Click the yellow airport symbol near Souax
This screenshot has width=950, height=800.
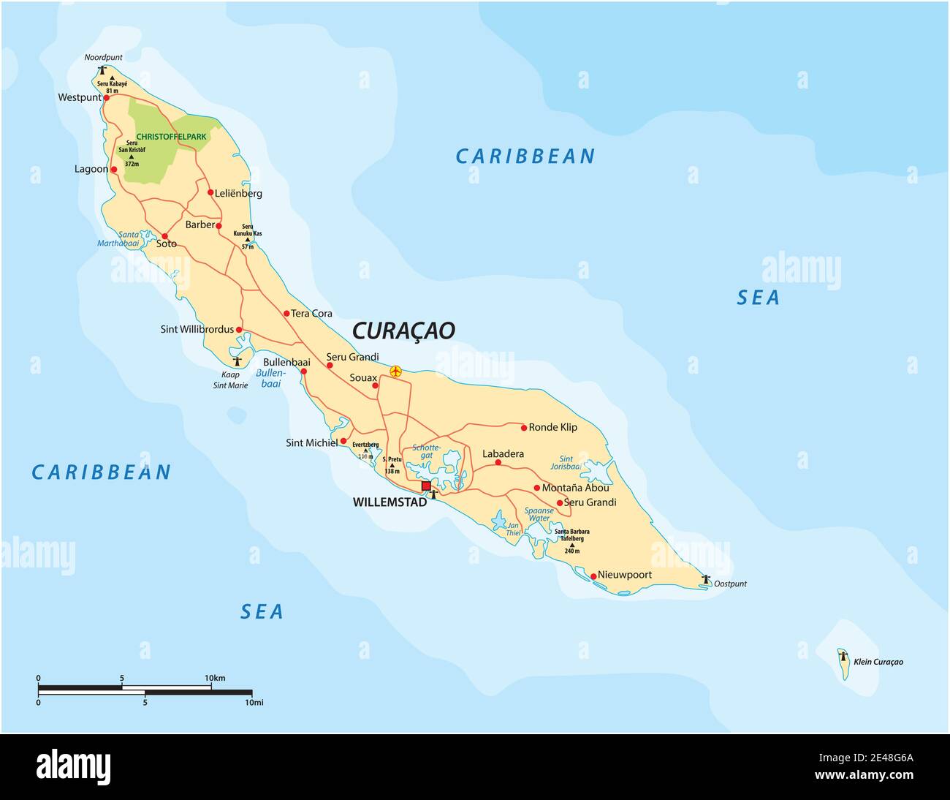(x=395, y=371)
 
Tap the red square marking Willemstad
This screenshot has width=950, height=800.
(x=426, y=486)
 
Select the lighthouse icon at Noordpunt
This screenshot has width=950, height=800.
(x=102, y=70)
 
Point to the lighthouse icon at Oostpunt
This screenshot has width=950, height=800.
(x=705, y=579)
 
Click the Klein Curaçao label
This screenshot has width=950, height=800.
(x=879, y=662)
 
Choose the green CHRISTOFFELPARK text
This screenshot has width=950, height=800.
(x=172, y=137)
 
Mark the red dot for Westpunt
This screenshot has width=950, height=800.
(x=106, y=97)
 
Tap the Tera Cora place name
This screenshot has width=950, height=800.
(x=311, y=314)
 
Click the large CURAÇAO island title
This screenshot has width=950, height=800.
(x=403, y=331)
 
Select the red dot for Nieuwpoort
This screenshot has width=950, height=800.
(x=593, y=576)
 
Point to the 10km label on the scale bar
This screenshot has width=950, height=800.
(x=215, y=678)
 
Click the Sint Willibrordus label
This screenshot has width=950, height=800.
(x=197, y=330)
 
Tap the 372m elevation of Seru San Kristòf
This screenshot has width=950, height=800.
(x=132, y=164)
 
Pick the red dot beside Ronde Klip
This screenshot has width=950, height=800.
(x=524, y=427)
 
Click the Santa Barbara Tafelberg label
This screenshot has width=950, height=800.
(x=571, y=535)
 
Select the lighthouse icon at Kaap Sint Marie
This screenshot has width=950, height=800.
(x=236, y=361)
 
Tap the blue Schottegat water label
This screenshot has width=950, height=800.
(x=427, y=451)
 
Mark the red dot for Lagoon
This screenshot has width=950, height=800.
(x=113, y=170)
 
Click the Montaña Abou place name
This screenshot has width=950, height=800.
(x=575, y=488)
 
